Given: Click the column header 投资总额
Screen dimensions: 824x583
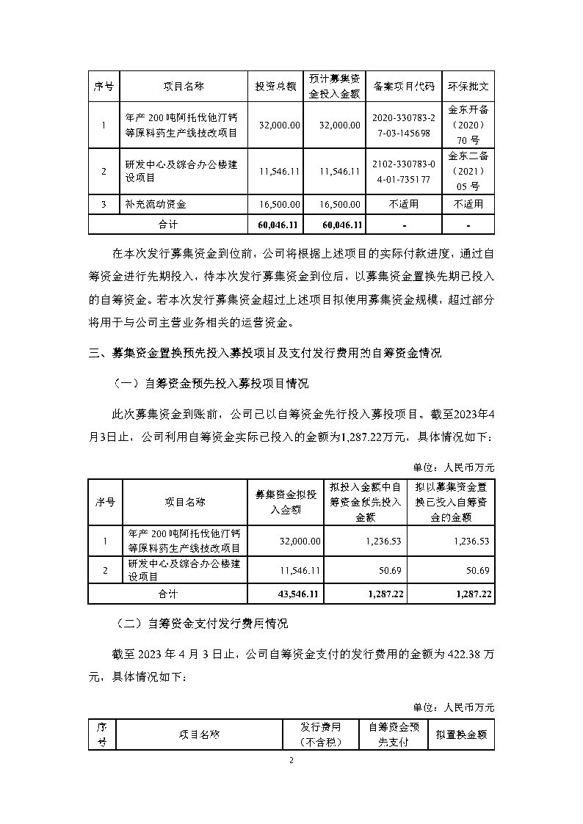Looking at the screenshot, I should coord(275,86).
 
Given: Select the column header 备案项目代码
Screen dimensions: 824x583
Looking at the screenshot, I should coord(404,86).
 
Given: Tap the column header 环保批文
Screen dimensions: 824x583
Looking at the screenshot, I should coord(468,86).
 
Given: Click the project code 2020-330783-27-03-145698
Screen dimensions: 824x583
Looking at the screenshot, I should coord(404,125).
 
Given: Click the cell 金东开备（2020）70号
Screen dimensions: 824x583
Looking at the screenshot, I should coord(468,125).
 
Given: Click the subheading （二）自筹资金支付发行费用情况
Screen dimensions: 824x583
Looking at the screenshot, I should coord(201,624).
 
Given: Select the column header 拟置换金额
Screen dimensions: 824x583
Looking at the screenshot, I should coord(460,734).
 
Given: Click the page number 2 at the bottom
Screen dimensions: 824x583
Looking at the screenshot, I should coord(291,760).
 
